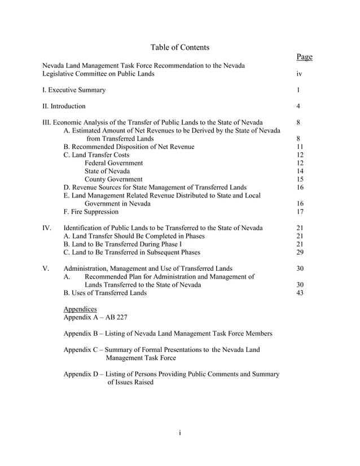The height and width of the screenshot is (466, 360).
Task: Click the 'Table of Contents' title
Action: click(x=180, y=47)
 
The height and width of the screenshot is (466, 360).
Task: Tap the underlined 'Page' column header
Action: click(x=304, y=57)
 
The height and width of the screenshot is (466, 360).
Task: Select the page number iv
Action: click(x=299, y=74)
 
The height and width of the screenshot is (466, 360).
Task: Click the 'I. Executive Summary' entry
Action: click(x=74, y=90)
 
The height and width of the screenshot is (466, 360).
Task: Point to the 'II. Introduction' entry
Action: click(x=64, y=106)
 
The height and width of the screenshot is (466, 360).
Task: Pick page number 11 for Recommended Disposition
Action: click(x=300, y=147)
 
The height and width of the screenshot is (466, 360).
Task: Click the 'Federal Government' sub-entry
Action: click(x=113, y=163)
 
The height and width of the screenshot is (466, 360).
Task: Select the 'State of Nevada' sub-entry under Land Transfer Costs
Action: click(x=107, y=172)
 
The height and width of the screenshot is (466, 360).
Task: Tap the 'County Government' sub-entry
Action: click(x=113, y=179)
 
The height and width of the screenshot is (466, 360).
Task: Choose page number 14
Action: click(x=300, y=172)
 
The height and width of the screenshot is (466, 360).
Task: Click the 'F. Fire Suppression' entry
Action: click(x=91, y=212)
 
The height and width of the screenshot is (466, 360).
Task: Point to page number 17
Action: click(x=300, y=212)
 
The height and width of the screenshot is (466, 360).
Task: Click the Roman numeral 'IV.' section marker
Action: click(x=47, y=228)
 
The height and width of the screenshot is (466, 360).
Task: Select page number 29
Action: click(x=300, y=253)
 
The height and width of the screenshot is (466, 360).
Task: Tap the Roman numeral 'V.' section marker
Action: click(x=46, y=269)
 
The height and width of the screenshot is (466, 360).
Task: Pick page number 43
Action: click(x=300, y=293)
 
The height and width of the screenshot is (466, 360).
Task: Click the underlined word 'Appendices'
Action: click(x=80, y=309)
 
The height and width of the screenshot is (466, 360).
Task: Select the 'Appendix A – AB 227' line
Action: click(x=95, y=317)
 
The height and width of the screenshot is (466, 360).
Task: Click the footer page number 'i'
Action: click(x=179, y=433)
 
